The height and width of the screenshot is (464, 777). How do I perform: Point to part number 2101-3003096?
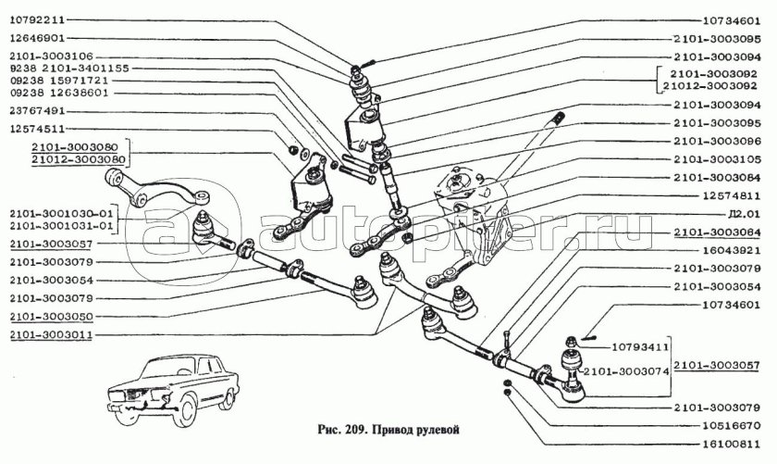pos(717,141)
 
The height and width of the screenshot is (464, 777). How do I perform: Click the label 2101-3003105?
pos(717,158)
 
